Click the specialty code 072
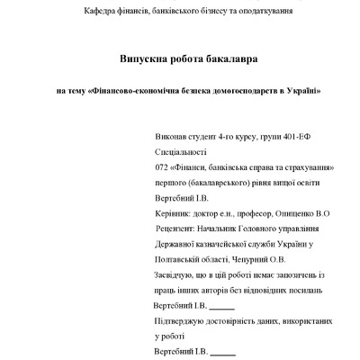tap(163, 167)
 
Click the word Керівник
tap(177, 213)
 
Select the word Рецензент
tap(180, 229)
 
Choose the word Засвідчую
tap(178, 274)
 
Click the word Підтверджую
tap(184, 320)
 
